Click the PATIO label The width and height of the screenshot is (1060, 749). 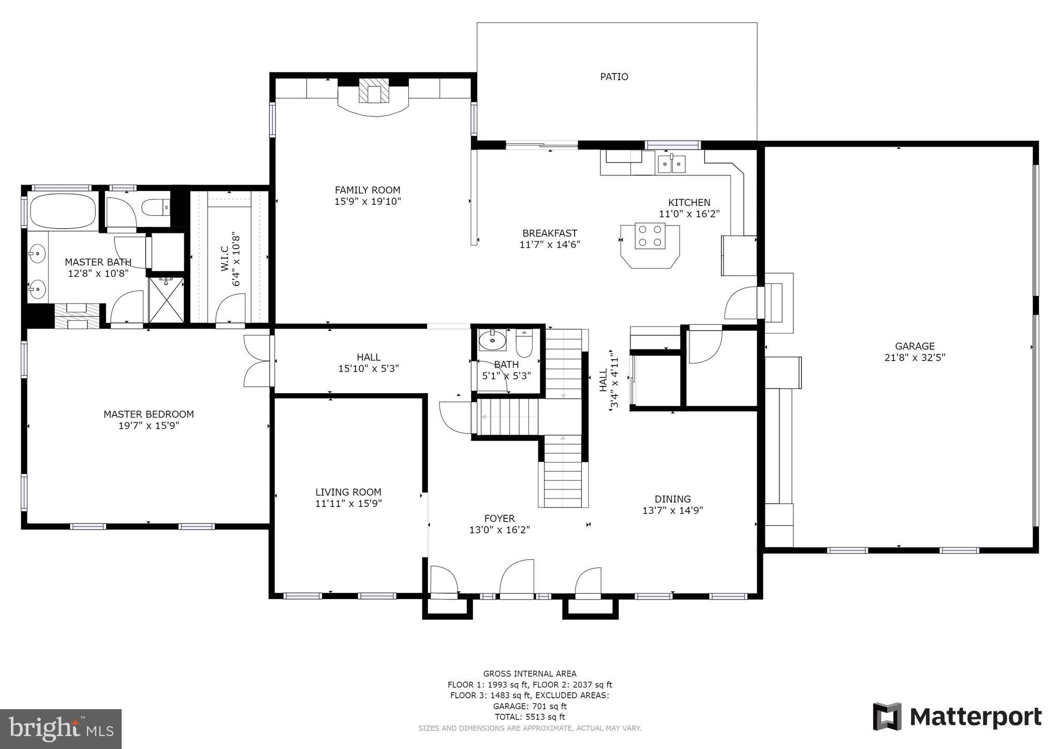[x=614, y=77]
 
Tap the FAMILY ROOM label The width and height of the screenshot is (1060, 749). [x=367, y=190]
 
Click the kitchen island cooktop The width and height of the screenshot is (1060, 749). [x=650, y=236]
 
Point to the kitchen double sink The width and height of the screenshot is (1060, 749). [x=672, y=164]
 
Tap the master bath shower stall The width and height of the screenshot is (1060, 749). [x=166, y=300]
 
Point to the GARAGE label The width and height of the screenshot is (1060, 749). [x=915, y=346]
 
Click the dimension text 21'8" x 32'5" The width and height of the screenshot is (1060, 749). [x=915, y=357]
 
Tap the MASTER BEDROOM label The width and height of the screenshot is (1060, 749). [x=149, y=414]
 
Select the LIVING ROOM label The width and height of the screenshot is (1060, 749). [x=348, y=492]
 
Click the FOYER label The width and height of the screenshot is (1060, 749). [x=499, y=518]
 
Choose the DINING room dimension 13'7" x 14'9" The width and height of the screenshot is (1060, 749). [x=672, y=511]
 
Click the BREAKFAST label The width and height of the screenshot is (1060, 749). [x=550, y=233]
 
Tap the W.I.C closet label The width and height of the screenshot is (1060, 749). [x=225, y=259]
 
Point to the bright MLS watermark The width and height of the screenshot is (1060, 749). [x=61, y=729]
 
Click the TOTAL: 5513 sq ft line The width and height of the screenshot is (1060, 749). [x=529, y=717]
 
